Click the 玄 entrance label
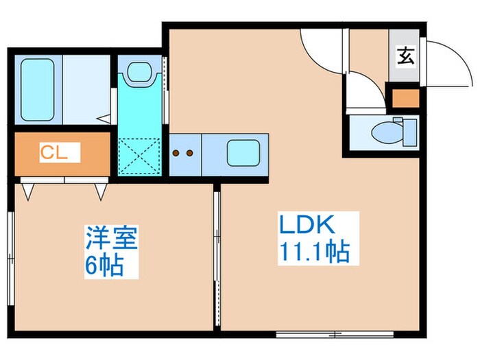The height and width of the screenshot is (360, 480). pos(405,56)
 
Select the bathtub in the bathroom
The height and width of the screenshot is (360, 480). pos(40,88)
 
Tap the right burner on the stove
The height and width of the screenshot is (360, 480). pos(190,154)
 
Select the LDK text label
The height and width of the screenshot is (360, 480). pos(306,226)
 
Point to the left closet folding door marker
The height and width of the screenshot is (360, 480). pos(28,189)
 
